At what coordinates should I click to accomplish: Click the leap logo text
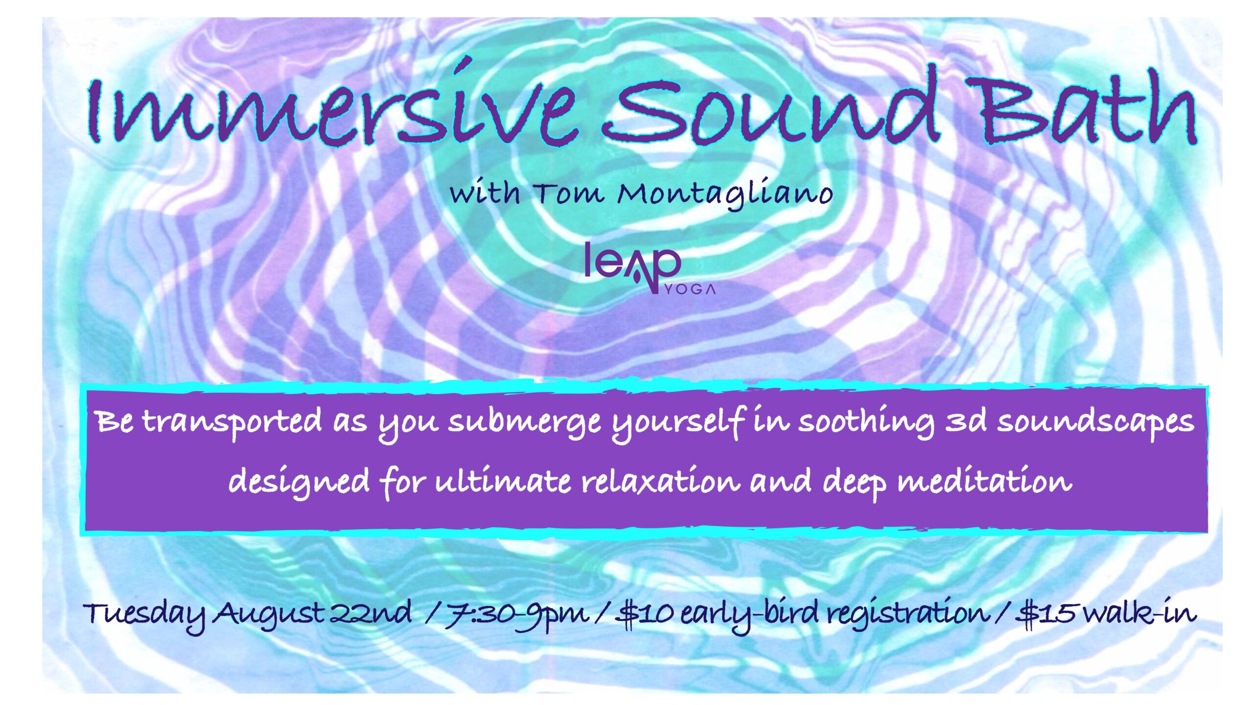pos(633,267)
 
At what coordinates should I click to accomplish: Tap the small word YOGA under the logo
pos(690,289)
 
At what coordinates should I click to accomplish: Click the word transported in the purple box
pos(232,422)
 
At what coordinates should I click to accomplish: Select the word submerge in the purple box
pos(524,423)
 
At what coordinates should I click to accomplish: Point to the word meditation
pos(984,482)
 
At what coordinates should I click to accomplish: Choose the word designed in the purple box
pos(299,483)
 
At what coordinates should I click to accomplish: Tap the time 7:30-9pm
pos(516,614)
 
